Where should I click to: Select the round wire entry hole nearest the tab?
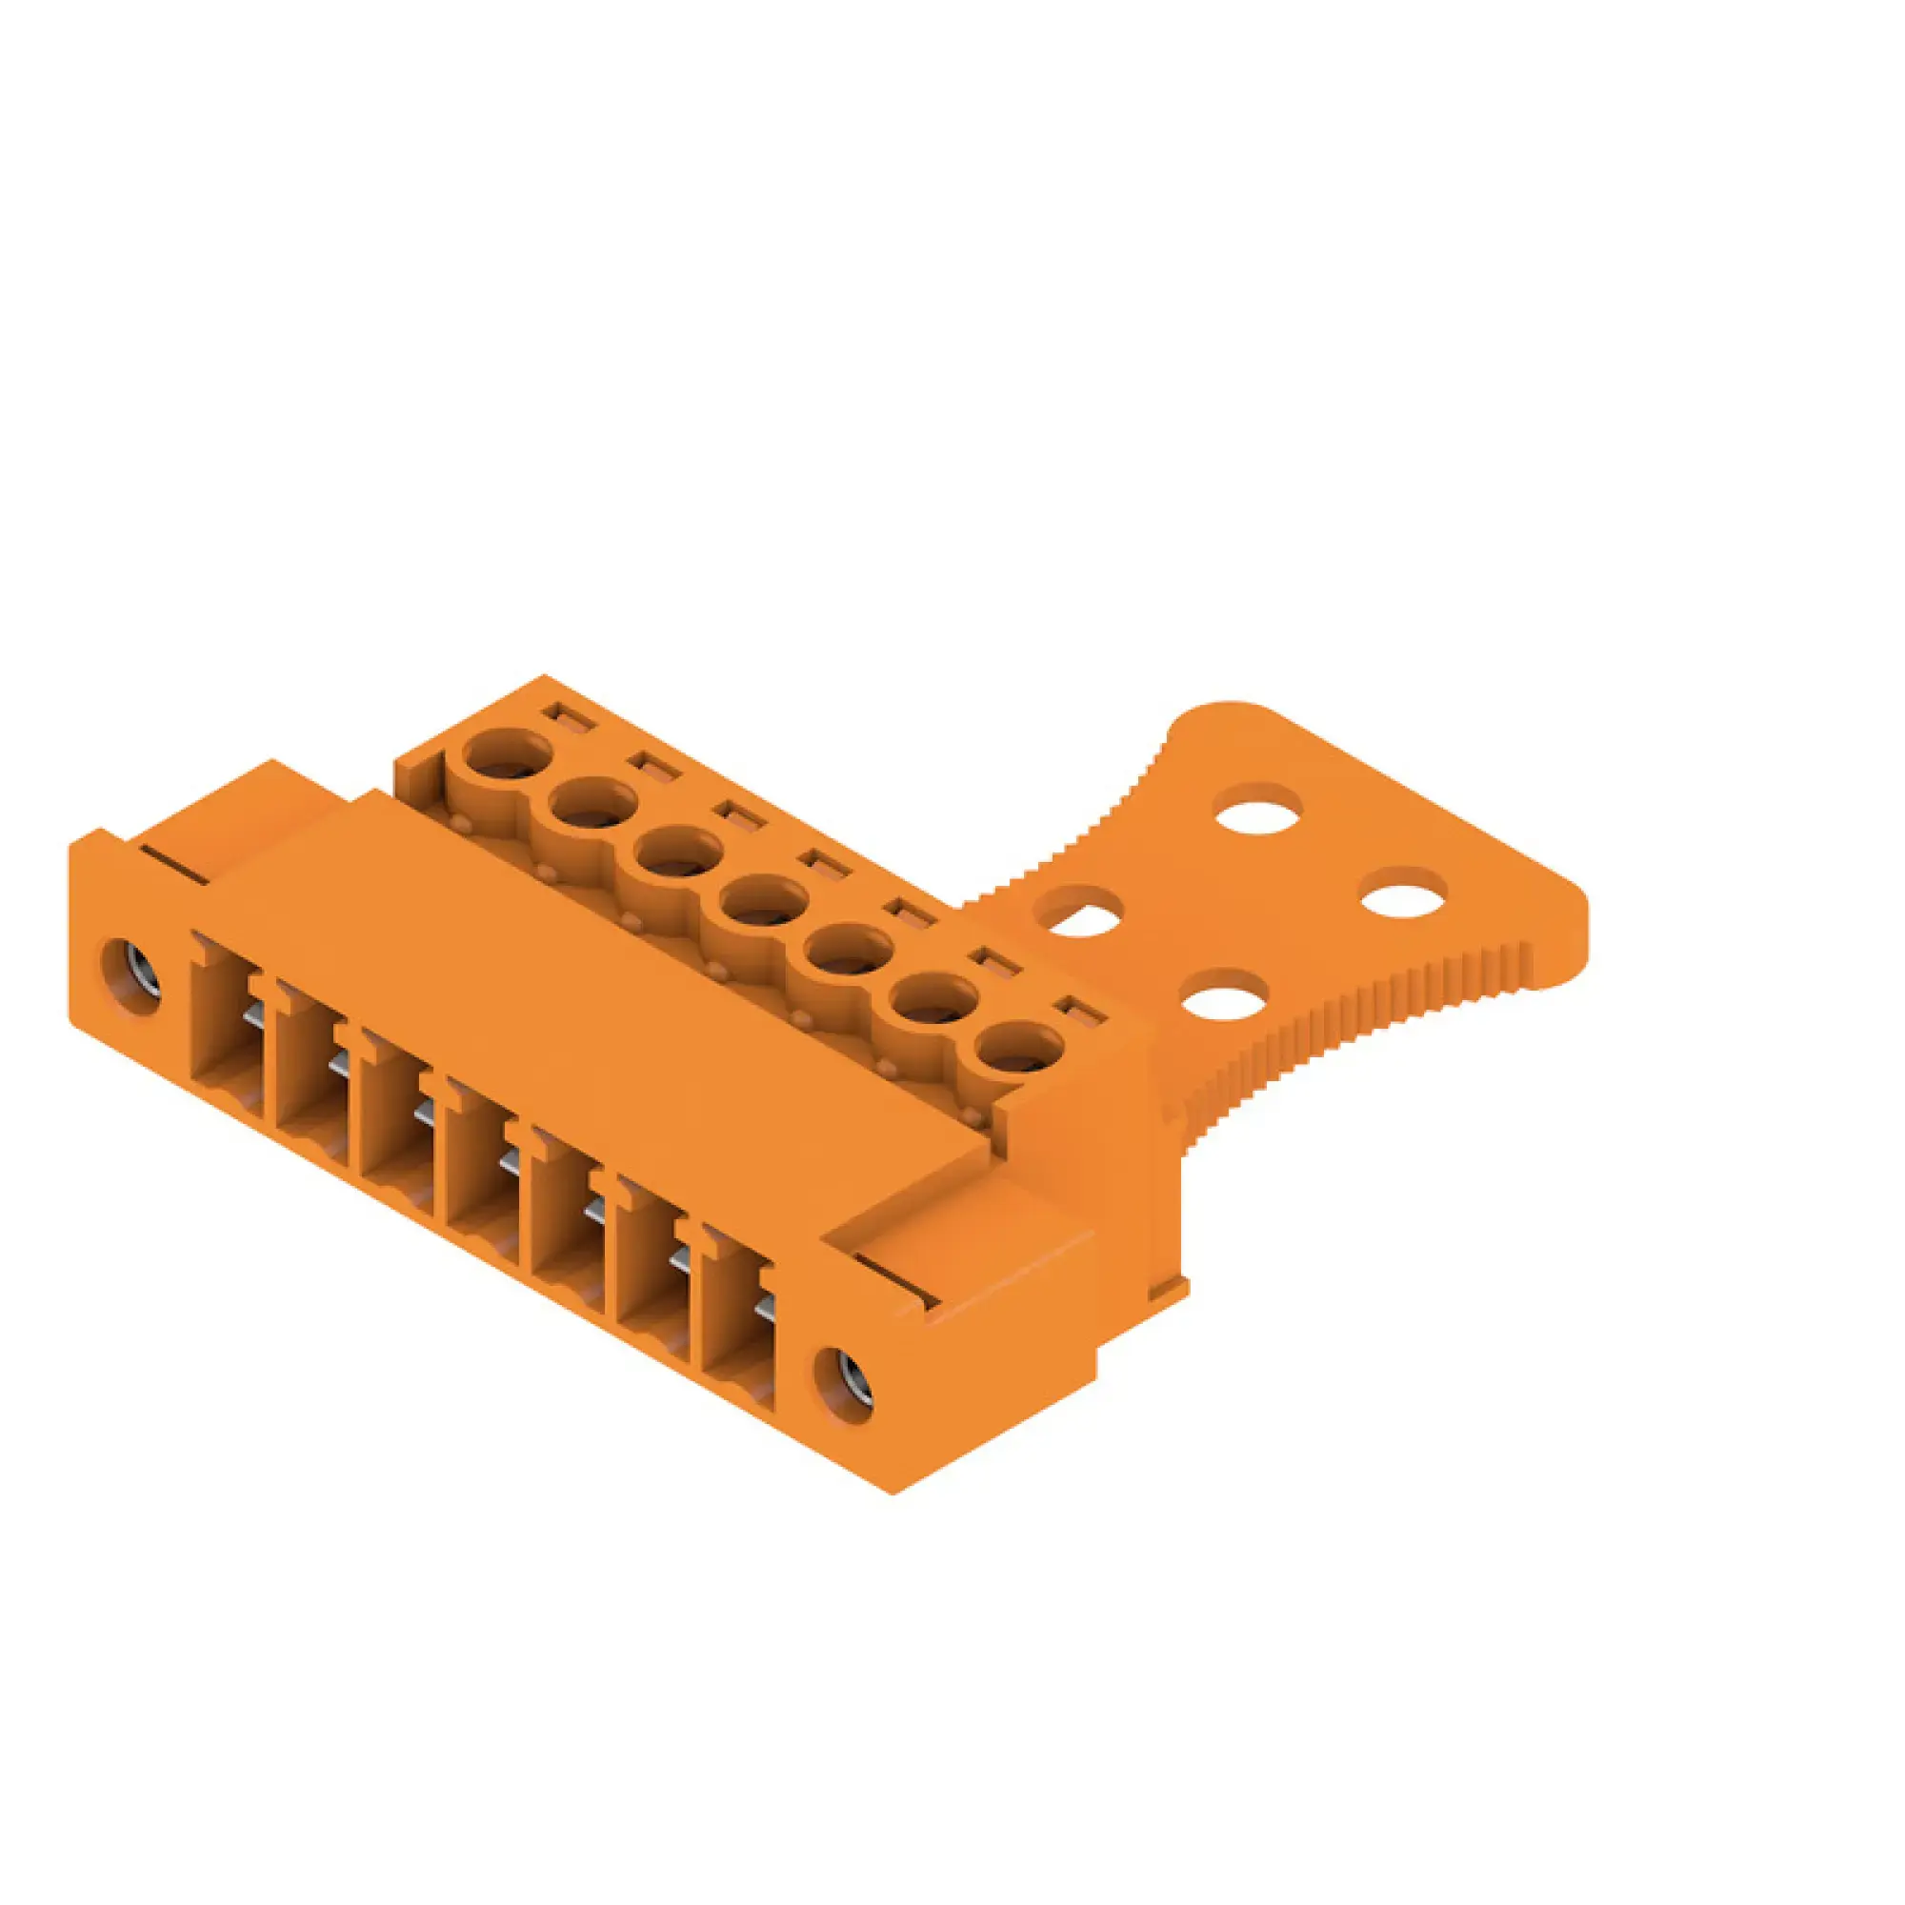tap(1018, 1053)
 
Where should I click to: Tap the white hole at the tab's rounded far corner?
tap(1258, 808)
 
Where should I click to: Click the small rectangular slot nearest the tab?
tap(1077, 1012)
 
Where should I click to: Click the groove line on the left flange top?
tap(174, 863)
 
